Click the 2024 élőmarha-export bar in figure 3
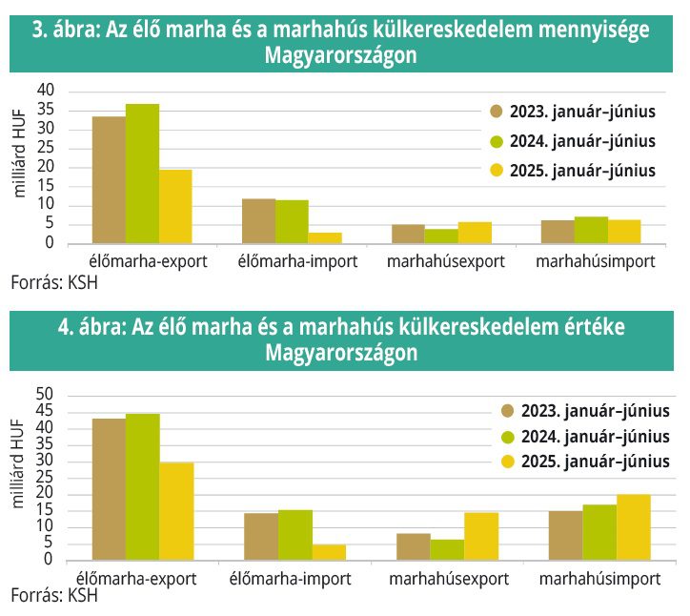142,174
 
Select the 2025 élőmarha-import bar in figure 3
325,238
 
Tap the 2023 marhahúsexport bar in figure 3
408,235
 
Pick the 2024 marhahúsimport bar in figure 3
591,231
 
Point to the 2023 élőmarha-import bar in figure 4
261,537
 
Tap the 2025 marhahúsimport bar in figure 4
633,527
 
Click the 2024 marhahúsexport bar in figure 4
447,550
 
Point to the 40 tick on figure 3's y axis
48,90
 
